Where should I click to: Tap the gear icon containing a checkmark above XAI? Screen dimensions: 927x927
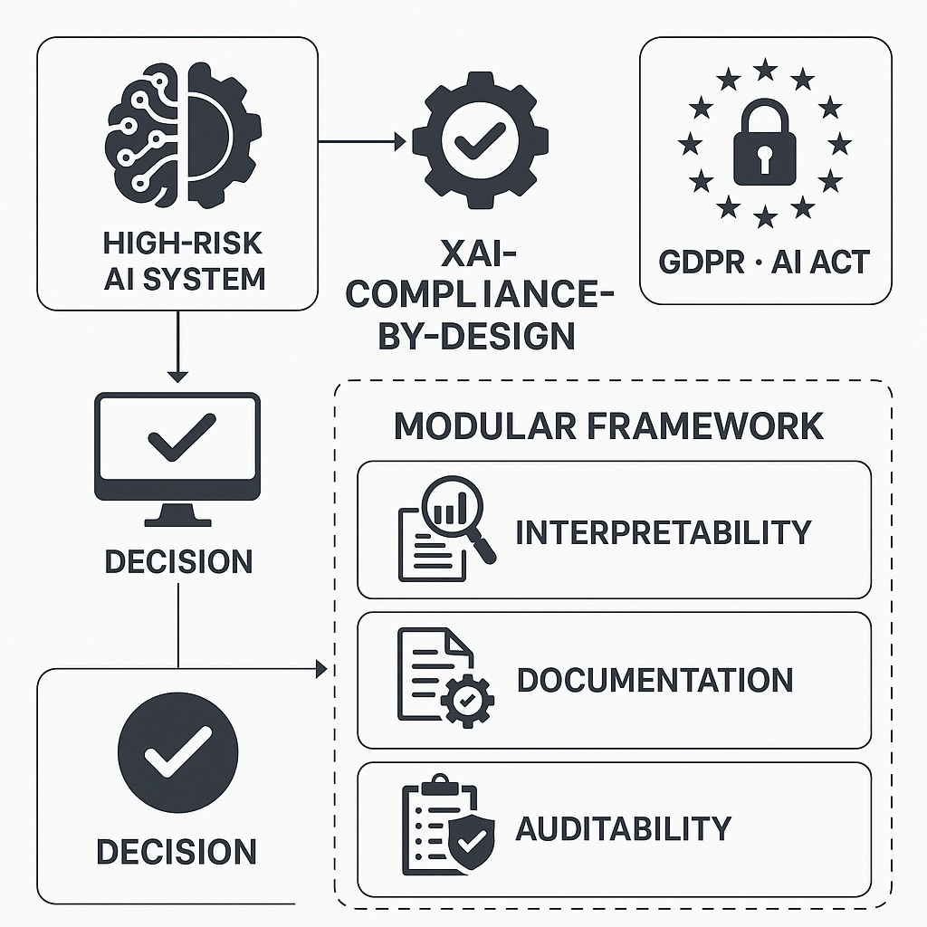480,140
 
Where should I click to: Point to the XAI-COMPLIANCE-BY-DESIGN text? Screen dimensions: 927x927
479,295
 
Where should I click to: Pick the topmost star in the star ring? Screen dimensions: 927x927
766,68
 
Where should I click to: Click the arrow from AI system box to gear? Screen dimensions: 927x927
362,141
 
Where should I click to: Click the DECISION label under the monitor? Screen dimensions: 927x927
178,561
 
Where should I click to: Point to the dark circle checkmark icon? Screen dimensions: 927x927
178,753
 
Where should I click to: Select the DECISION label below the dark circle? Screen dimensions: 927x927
177,852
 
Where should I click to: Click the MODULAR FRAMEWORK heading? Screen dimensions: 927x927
608,425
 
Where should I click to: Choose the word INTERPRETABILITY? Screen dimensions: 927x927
663,532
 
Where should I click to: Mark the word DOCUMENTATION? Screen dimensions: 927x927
655,681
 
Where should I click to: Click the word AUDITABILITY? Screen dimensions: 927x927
623,828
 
